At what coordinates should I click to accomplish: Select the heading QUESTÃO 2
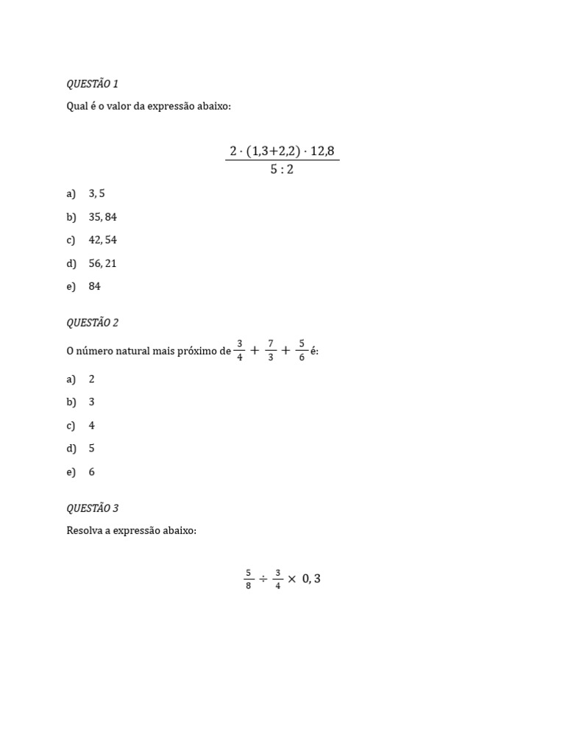[x=92, y=322]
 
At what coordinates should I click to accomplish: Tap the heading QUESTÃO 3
[x=92, y=508]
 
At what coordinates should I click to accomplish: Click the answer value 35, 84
[x=102, y=217]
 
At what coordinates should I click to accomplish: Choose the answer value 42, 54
[x=102, y=240]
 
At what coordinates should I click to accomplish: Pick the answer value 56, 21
[x=102, y=263]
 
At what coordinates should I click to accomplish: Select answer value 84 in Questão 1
[x=94, y=287]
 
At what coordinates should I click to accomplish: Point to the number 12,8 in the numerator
[x=321, y=151]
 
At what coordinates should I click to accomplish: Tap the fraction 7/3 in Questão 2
[x=271, y=351]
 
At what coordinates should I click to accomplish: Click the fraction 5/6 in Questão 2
[x=302, y=351]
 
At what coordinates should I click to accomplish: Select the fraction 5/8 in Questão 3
[x=249, y=579]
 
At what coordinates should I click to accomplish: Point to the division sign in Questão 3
[x=263, y=579]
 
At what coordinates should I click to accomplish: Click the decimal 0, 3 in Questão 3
[x=311, y=579]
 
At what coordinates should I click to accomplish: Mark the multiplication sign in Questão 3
[x=292, y=579]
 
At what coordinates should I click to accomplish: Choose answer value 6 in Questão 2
[x=92, y=472]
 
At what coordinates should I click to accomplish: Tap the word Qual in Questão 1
[x=77, y=107]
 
